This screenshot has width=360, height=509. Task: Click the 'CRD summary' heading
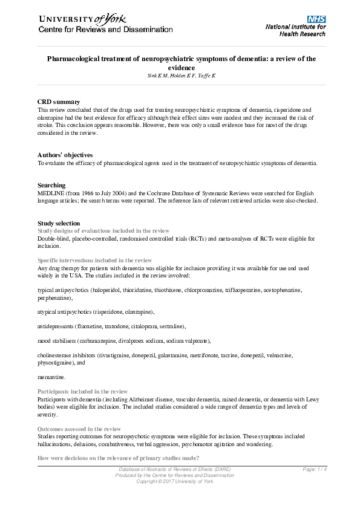58,102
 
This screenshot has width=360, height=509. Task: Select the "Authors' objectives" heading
65,155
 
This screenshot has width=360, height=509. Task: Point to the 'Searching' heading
51,185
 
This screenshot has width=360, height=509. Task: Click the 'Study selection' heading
59,223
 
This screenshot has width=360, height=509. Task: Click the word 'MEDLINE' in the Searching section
50,193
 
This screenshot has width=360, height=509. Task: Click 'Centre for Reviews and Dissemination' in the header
105,29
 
